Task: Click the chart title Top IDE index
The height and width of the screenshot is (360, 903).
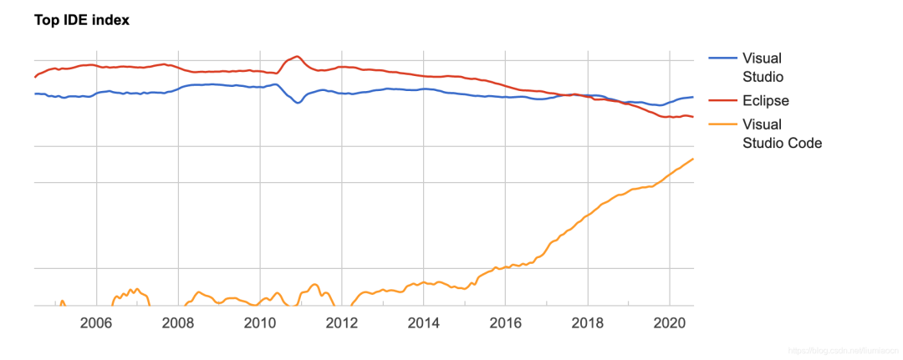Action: coord(82,20)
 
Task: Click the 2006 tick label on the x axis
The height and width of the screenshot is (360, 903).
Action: coord(96,323)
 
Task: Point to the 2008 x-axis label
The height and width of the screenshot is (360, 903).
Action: coord(178,323)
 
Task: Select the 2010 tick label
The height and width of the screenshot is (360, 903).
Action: coord(260,323)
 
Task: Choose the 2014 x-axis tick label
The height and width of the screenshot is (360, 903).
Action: coord(424,323)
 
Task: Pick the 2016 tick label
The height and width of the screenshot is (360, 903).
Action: coord(506,323)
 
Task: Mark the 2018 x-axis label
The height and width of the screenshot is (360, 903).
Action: coord(588,323)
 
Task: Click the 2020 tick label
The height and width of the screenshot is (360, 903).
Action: coord(670,323)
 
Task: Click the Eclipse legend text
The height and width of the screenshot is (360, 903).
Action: coord(766,100)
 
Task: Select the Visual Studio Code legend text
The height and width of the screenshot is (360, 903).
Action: coord(782,134)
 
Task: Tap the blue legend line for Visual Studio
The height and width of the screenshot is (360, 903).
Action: coord(723,58)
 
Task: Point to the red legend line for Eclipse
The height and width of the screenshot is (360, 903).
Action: coord(723,100)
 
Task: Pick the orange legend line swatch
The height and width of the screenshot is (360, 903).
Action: coord(723,124)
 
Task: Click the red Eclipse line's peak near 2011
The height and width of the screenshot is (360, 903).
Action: coord(297,56)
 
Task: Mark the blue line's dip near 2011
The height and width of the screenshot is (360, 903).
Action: coord(298,103)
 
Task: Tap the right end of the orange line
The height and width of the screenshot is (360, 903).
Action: coord(693,159)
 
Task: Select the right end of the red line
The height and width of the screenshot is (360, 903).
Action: coord(693,117)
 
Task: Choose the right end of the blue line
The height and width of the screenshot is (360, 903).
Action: coord(693,97)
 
